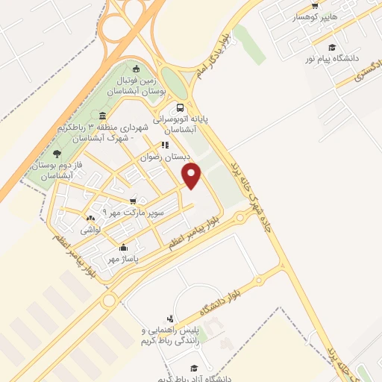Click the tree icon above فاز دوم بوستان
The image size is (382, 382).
(57, 154)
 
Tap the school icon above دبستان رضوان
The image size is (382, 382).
(165, 145)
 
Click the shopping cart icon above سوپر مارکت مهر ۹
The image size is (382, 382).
(134, 201)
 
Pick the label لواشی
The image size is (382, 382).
(91, 231)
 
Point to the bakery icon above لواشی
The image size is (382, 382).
(90, 219)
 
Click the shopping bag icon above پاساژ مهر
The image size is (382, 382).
(123, 248)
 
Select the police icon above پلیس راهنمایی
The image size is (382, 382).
(178, 318)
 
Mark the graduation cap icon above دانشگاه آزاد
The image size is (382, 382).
(192, 369)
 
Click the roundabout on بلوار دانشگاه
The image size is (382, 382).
(110, 301)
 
